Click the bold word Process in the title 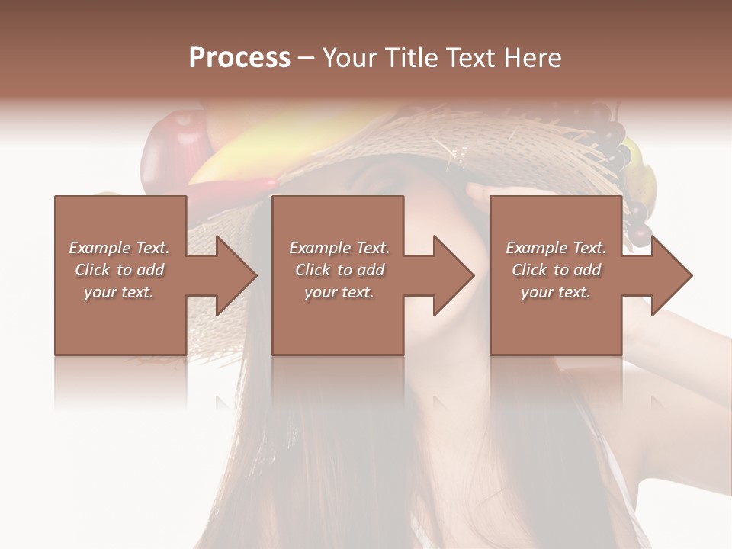239,58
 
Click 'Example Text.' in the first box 119,248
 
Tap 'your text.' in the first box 119,292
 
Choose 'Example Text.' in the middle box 339,248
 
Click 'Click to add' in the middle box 339,270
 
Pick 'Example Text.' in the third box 556,248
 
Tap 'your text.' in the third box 556,292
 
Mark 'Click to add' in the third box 556,270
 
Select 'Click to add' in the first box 119,270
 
